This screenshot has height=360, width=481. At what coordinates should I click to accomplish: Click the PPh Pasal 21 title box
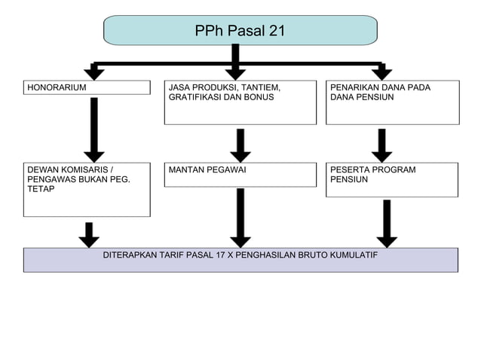tap(240, 31)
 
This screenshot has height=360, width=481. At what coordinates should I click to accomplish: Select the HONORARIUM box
tap(87, 87)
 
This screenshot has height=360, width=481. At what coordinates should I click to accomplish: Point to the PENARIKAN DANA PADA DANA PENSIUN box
tap(392, 102)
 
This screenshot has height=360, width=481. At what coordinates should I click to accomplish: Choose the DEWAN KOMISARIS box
tap(87, 189)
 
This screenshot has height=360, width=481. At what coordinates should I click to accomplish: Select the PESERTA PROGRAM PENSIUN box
tap(392, 180)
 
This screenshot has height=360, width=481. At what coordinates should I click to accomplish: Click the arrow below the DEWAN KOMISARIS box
tap(89, 234)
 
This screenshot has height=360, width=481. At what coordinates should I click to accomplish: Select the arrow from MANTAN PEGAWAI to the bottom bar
tap(240, 217)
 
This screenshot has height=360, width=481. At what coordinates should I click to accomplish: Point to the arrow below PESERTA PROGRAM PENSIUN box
tap(387, 223)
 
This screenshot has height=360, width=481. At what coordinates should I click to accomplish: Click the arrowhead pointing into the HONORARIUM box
tap(93, 73)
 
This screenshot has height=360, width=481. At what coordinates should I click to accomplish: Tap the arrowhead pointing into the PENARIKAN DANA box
tap(381, 73)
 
